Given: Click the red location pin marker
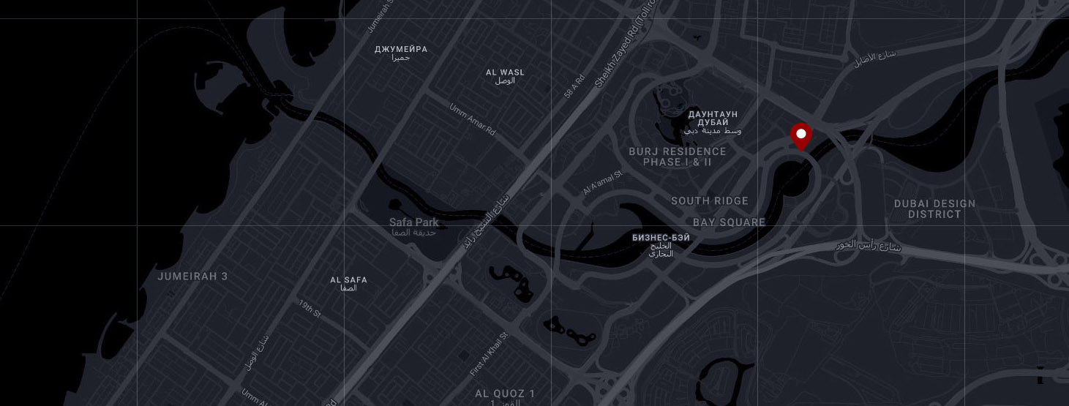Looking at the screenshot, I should point(801,137).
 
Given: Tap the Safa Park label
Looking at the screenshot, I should point(413,222).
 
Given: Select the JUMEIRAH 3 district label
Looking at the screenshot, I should point(192,277).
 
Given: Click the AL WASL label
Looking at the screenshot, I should point(505,72).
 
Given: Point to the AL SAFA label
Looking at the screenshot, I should point(348,280).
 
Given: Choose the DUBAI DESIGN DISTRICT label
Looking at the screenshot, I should point(934,209).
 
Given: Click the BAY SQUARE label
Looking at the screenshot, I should point(729,222).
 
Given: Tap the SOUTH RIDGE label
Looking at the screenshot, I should point(710,201).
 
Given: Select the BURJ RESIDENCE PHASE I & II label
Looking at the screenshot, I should point(677,157).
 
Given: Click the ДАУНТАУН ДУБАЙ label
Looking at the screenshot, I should point(713,119).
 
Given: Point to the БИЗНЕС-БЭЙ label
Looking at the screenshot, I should point(661,238).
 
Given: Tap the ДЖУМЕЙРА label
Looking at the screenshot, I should point(400,50).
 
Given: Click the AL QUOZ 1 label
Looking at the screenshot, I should point(505,394).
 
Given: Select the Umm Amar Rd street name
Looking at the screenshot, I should point(472,119).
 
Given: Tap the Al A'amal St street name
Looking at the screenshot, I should point(601,184).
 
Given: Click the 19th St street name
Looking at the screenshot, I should point(310,308).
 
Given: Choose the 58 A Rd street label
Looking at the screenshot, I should point(574,86).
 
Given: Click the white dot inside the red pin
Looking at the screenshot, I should point(801,134).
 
